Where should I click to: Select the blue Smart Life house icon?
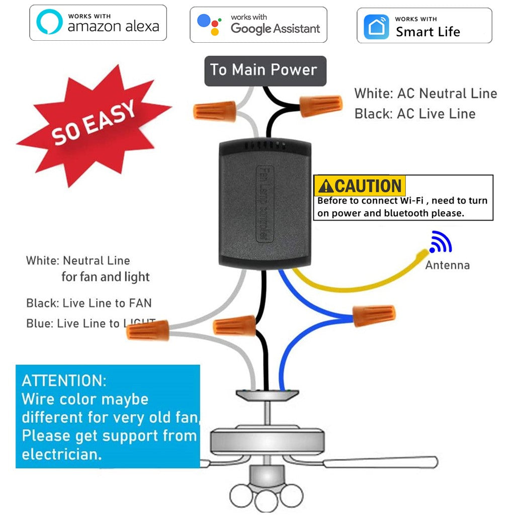point(376,26)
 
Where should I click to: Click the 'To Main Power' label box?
point(265,70)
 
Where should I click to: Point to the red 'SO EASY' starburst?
point(94,124)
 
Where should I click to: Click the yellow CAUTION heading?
point(360,186)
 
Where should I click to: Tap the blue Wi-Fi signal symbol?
point(440,242)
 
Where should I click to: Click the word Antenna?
point(447,265)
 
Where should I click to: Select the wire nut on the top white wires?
point(215,111)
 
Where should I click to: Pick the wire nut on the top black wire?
point(321,105)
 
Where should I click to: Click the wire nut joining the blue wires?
point(374,315)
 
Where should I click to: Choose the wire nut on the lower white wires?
point(147,330)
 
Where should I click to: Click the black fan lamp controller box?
point(265,204)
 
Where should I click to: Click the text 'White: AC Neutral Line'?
point(425,94)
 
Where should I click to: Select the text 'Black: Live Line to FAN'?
point(89,303)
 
